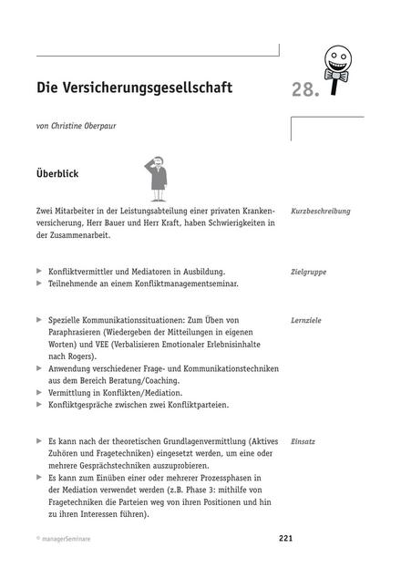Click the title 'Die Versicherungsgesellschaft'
coord(135,88)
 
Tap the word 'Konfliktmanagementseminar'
coord(180,284)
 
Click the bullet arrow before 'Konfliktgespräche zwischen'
coord(38,404)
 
